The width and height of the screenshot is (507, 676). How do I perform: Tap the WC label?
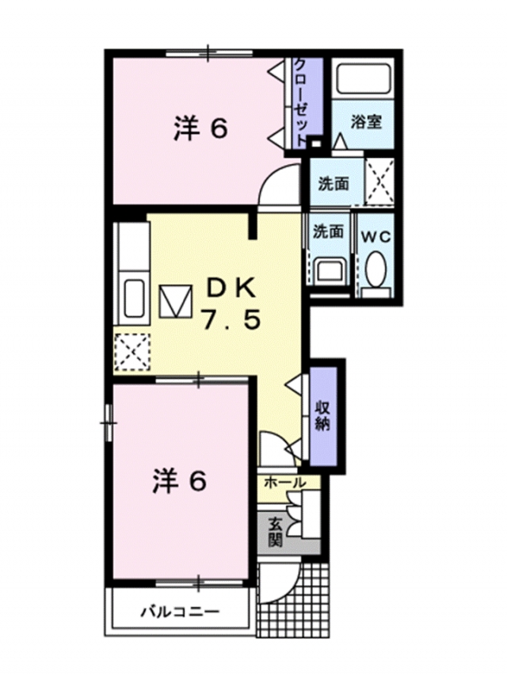click(x=376, y=235)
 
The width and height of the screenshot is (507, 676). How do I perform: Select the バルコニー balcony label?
click(x=180, y=611)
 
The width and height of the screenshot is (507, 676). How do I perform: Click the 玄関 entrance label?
click(x=275, y=532)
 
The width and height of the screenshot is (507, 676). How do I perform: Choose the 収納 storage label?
click(x=323, y=414)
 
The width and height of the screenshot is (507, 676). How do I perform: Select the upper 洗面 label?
click(x=334, y=183)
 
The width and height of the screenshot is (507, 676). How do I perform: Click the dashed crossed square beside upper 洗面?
click(x=380, y=180)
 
